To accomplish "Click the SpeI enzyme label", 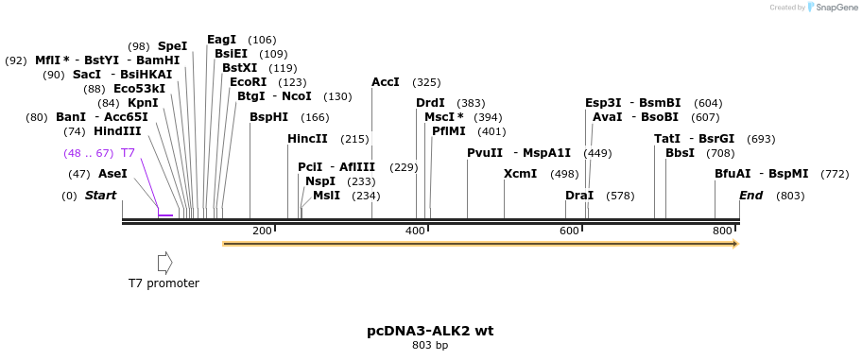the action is (x=172, y=45).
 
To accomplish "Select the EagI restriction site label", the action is (x=221, y=40).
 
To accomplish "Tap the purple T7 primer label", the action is (x=128, y=153).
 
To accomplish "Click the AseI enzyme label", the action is (x=112, y=174).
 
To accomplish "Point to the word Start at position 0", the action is (x=100, y=196).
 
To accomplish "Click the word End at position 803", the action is (x=750, y=196).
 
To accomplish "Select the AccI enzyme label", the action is (x=386, y=82).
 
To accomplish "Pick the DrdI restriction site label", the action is (x=430, y=103).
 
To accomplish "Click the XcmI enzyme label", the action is (x=520, y=174).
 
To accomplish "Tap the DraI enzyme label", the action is (x=579, y=196).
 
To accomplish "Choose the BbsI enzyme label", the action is (x=680, y=153).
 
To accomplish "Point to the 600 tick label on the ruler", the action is (x=569, y=231).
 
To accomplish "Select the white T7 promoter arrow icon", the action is (x=164, y=262).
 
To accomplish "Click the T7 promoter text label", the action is (x=164, y=283).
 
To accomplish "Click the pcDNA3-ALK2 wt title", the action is (x=430, y=331).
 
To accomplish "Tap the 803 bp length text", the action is (x=430, y=346).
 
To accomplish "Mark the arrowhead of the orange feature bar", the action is (x=733, y=244).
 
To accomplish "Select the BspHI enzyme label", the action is (x=268, y=117).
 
